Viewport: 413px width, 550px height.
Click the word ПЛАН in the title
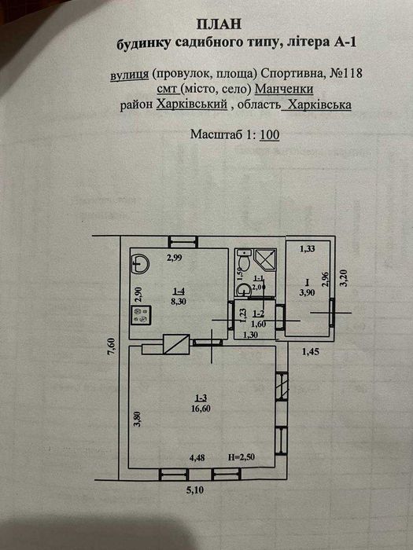(219, 24)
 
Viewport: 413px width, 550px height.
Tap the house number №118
(341, 73)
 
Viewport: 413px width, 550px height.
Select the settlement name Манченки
(284, 89)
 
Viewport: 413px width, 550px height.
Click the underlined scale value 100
(270, 134)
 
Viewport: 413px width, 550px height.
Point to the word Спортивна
(289, 74)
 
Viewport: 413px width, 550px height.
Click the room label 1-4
(179, 291)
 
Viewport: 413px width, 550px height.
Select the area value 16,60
(201, 409)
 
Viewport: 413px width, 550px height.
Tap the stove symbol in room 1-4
(142, 314)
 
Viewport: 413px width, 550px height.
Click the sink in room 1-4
(141, 263)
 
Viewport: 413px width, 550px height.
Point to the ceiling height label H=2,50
(242, 456)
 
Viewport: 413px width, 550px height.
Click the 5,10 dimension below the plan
(194, 489)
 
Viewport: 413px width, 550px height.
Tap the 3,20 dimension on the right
(345, 278)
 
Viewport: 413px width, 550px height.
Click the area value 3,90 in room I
(307, 292)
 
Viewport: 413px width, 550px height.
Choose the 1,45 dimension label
(311, 351)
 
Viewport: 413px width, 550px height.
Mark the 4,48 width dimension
(197, 457)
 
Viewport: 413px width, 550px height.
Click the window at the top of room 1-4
(183, 242)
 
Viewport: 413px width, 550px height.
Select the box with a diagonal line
(177, 344)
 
